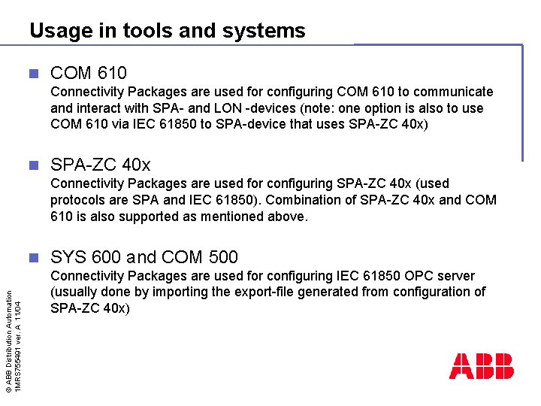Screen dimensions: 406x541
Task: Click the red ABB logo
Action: coord(482,366)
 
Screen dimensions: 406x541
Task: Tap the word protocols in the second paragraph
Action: coord(80,200)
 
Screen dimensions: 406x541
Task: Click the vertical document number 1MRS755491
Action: coord(20,354)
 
